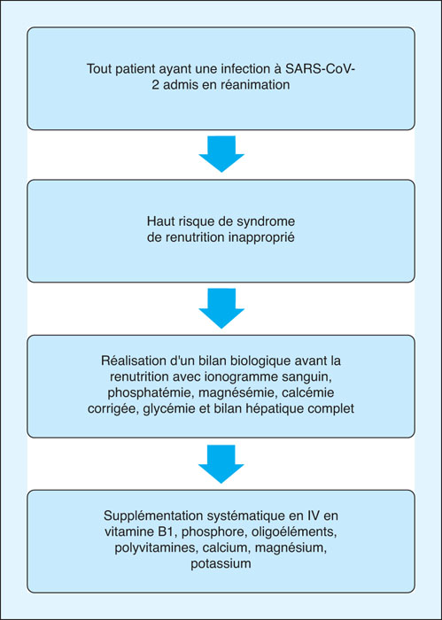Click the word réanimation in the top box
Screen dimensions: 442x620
(x=258, y=85)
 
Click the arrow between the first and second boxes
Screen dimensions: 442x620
(x=221, y=154)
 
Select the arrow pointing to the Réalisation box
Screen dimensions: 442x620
(x=221, y=308)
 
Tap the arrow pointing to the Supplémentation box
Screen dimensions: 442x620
(x=221, y=464)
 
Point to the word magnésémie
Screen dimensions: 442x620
(x=192, y=394)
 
